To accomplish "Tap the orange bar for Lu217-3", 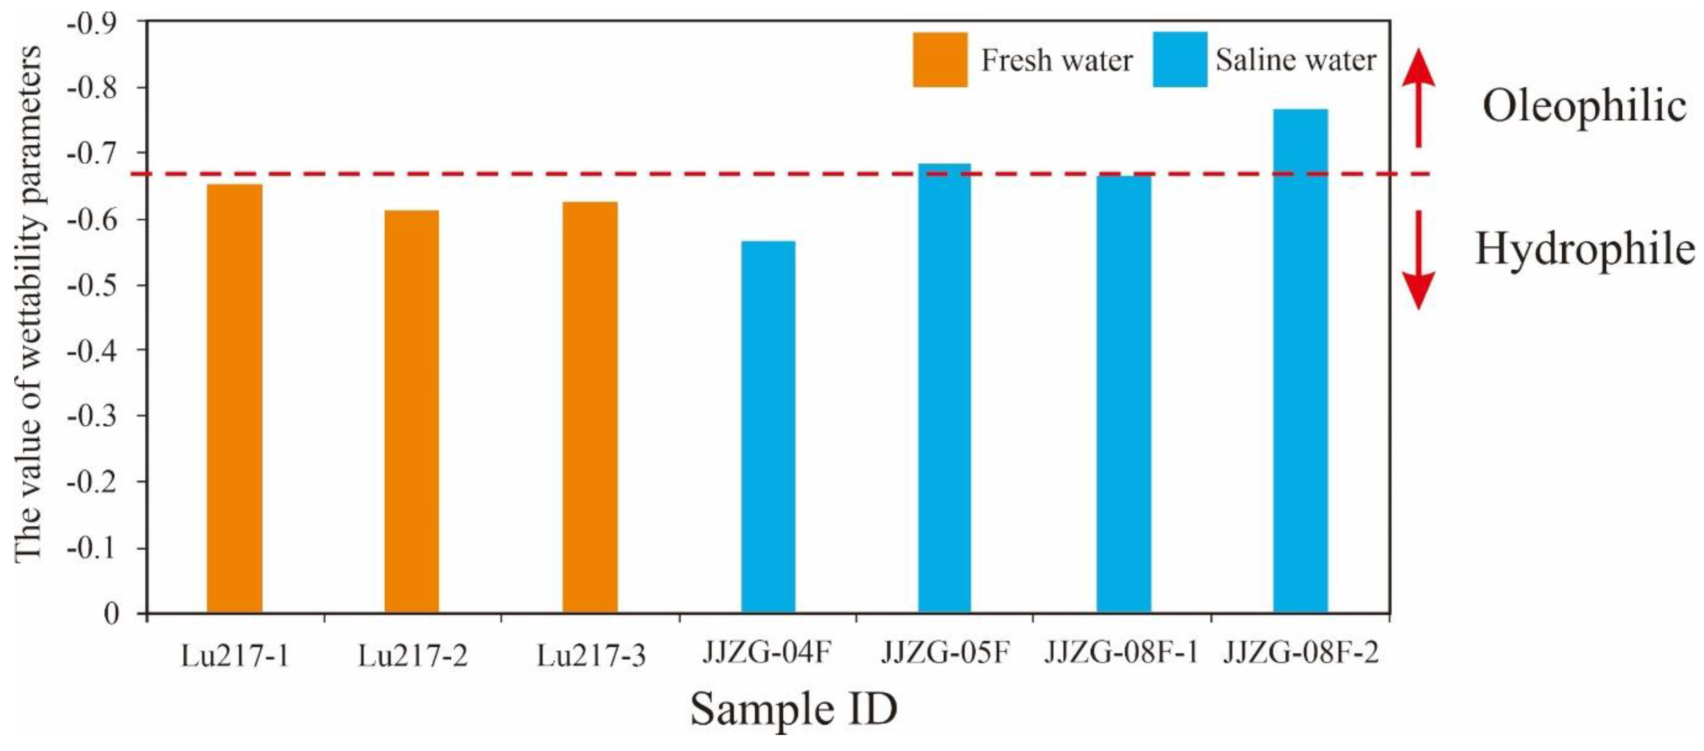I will (x=590, y=407).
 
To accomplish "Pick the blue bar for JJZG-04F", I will (x=768, y=427).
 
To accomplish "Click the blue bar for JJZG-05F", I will (x=945, y=388).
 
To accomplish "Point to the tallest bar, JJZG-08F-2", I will (x=1300, y=361).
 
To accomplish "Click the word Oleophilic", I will (x=1583, y=106).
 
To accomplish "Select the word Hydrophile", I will (x=1583, y=250).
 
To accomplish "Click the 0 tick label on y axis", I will (x=111, y=613).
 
